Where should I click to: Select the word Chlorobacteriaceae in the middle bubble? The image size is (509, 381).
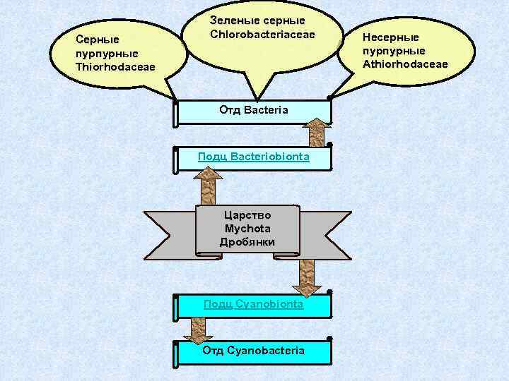[262, 35]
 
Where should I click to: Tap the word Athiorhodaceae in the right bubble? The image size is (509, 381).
[405, 64]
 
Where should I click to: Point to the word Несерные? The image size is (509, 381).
[391, 37]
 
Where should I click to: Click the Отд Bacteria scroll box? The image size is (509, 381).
[253, 111]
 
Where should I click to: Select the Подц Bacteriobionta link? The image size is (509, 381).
[253, 157]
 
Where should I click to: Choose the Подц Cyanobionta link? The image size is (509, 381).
[253, 304]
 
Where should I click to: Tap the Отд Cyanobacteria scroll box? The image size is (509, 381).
[253, 351]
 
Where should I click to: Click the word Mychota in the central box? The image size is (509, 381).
[247, 229]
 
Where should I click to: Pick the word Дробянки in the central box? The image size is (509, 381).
[247, 242]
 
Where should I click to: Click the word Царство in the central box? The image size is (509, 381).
[247, 215]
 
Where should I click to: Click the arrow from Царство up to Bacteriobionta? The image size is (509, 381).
[207, 185]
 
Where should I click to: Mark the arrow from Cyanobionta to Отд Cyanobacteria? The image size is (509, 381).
[197, 328]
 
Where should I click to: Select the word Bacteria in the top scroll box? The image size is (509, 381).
[266, 111]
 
